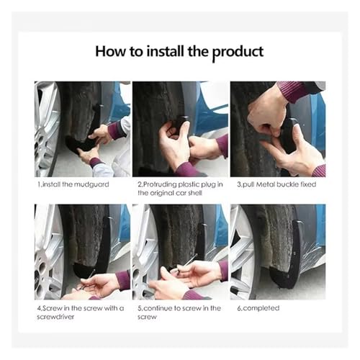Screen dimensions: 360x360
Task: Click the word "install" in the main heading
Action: [x=166, y=51]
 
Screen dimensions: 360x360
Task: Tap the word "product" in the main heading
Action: [x=238, y=53]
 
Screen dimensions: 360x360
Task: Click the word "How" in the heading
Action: [x=110, y=51]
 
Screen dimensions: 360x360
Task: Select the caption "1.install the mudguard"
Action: [x=73, y=184]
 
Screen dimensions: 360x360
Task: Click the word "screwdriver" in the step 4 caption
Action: [x=55, y=317]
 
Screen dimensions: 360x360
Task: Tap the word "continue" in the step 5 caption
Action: [x=158, y=308]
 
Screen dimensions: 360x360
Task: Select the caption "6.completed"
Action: [x=258, y=308]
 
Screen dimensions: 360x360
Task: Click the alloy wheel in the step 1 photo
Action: [x=47, y=130]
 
